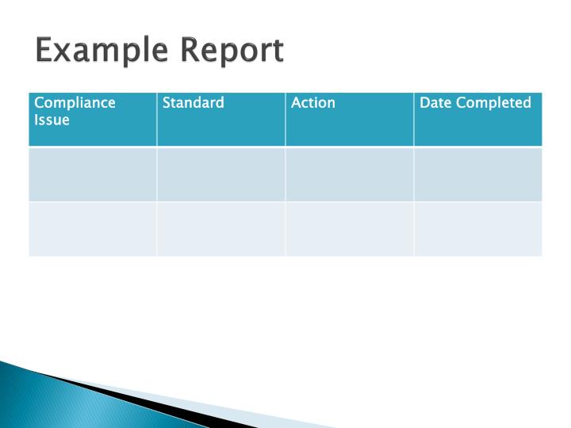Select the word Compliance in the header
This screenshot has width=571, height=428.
click(75, 103)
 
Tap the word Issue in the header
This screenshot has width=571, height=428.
click(52, 120)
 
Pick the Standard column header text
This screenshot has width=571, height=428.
click(193, 103)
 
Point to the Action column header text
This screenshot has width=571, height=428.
click(313, 103)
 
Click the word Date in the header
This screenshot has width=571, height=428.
click(435, 103)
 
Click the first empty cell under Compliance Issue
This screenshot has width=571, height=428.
click(93, 174)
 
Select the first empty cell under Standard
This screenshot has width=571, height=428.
click(221, 174)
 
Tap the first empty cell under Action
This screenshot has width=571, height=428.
click(350, 174)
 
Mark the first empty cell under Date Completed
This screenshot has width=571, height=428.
click(478, 174)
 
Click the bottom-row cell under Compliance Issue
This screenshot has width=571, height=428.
click(93, 229)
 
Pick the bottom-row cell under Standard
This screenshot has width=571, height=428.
click(221, 229)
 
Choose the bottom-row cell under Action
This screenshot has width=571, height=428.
click(350, 229)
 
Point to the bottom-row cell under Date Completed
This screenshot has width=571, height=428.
click(478, 229)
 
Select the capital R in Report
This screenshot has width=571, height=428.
click(187, 51)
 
